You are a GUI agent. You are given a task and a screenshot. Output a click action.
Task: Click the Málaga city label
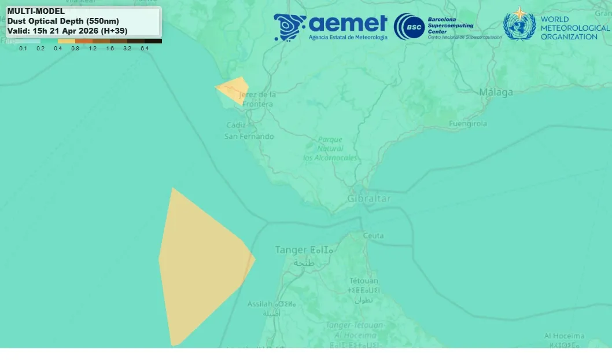(496, 92)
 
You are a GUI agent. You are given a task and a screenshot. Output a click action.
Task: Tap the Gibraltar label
(368, 199)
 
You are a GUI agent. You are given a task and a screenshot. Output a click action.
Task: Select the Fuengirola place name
(468, 123)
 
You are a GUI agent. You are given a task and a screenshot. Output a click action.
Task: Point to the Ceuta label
(373, 236)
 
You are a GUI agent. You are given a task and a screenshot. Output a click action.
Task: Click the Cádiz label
(236, 125)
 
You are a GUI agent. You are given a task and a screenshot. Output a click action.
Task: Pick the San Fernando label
(249, 137)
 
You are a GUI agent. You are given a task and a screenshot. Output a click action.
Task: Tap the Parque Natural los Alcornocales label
(330, 149)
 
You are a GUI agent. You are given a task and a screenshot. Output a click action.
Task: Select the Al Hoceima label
(564, 336)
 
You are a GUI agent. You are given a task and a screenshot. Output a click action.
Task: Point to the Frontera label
(258, 104)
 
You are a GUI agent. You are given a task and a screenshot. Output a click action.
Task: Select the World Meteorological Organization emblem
(519, 25)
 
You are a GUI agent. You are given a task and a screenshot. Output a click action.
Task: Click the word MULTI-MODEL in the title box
(36, 11)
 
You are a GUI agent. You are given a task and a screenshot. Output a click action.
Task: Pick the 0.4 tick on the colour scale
(58, 49)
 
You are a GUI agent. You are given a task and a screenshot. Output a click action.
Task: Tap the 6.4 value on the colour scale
(144, 49)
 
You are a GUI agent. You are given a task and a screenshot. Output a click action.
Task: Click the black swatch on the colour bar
(153, 41)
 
